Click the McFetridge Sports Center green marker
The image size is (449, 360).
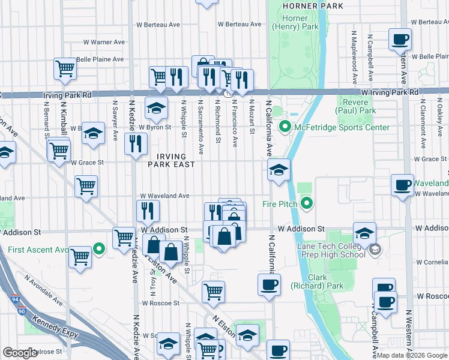point(285,127)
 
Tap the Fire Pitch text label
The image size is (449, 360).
point(280,204)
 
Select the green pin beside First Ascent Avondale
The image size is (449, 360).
point(99,249)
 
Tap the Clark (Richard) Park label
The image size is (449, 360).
point(326,281)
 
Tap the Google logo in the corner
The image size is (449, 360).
point(20,353)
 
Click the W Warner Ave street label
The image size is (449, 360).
point(105,42)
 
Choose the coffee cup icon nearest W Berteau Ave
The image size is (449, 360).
point(400,41)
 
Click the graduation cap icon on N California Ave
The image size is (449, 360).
point(279,171)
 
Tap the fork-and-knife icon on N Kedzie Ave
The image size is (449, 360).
point(136,144)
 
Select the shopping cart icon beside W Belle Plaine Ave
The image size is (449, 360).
point(65,69)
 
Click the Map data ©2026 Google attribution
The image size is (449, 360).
point(412,355)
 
